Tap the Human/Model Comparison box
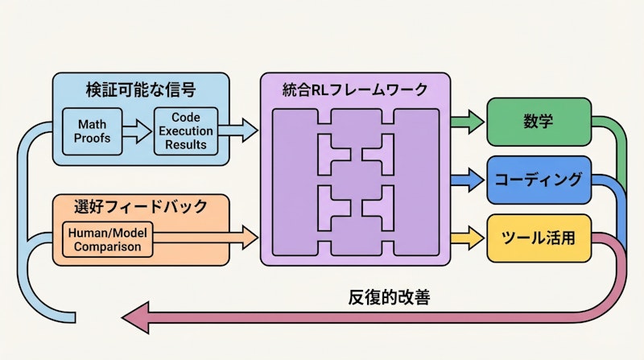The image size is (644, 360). [107, 240]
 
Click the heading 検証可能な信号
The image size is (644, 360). [140, 89]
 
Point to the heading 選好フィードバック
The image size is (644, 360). [140, 207]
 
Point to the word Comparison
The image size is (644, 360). [107, 247]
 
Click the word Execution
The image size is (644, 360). [187, 131]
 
